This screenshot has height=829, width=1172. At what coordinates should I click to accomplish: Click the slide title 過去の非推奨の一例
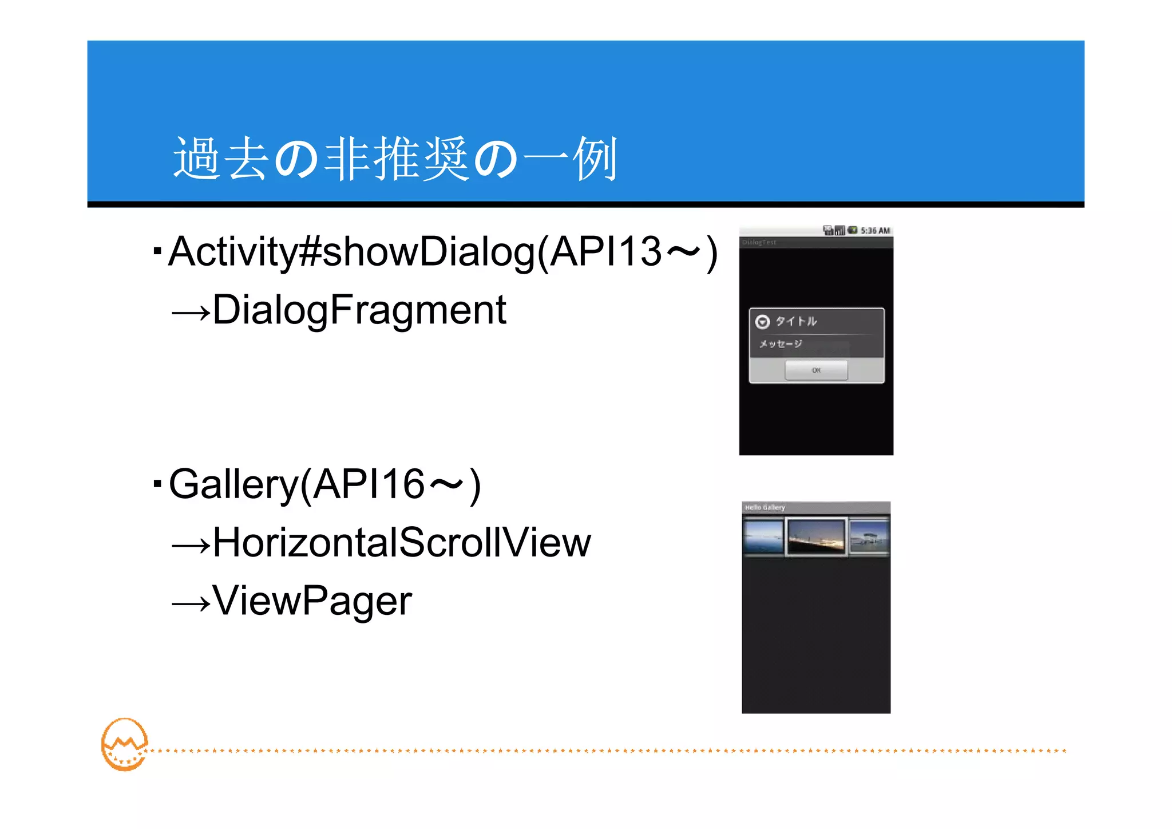point(395,159)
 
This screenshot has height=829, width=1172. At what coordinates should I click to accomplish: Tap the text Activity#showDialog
point(351,251)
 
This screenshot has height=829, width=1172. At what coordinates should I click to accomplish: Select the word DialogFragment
point(359,310)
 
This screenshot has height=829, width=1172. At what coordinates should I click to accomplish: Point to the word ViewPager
point(312,601)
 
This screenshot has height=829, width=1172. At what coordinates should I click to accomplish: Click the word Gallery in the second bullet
point(233,484)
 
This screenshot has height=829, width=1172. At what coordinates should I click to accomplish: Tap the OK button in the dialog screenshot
point(816,370)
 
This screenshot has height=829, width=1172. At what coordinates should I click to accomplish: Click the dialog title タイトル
point(796,321)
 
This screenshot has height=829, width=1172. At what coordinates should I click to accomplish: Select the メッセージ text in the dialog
point(781,344)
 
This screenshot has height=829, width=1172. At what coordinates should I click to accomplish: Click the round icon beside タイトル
point(762,322)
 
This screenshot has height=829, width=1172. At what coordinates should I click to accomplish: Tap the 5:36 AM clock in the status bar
point(875,231)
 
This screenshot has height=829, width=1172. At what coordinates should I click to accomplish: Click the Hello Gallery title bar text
point(765,507)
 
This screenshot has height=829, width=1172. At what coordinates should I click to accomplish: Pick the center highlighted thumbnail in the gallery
point(816,536)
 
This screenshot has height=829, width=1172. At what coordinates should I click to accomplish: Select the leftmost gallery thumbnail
point(763,536)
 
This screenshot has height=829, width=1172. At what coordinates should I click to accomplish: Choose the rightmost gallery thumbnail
point(869,536)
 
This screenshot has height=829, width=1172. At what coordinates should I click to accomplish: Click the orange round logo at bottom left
point(124,744)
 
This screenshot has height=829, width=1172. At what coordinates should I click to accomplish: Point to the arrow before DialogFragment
point(191,313)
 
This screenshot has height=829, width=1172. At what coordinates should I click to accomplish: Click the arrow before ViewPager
point(191,603)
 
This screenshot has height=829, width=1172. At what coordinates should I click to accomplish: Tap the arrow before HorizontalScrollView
point(191,545)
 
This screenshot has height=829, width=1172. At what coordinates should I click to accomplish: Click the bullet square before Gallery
point(157,484)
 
